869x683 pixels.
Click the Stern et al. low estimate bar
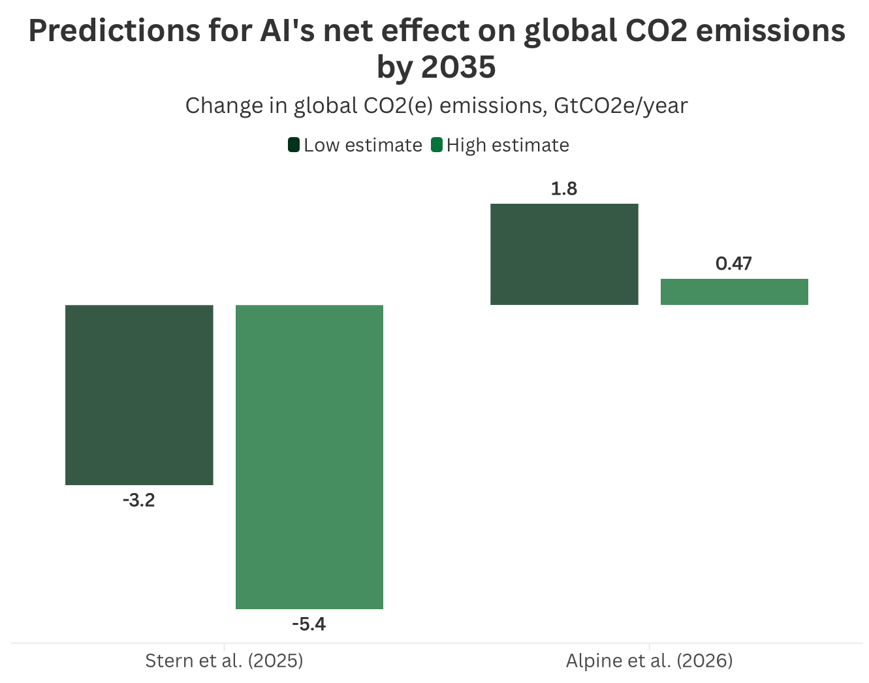point(139,395)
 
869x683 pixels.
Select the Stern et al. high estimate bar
point(309,457)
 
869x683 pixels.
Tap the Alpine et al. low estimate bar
point(564,254)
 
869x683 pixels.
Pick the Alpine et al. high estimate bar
point(735,292)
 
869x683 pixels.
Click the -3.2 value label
point(139,500)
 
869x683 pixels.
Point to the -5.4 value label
point(309,624)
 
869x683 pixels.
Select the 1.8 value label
point(564,189)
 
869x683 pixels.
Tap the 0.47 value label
point(734,264)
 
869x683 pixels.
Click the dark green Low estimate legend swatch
point(294,145)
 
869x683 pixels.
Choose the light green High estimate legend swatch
point(437,145)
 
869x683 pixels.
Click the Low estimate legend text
point(363,145)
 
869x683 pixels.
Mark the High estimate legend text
point(508,146)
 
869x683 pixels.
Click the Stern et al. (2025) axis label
point(225,661)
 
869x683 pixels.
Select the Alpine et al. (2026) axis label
point(650,661)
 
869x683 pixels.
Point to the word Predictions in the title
point(114,31)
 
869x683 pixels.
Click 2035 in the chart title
point(459,67)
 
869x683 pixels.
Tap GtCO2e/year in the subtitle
point(621,106)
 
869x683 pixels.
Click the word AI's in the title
point(287,31)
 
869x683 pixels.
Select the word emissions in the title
point(770,31)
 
